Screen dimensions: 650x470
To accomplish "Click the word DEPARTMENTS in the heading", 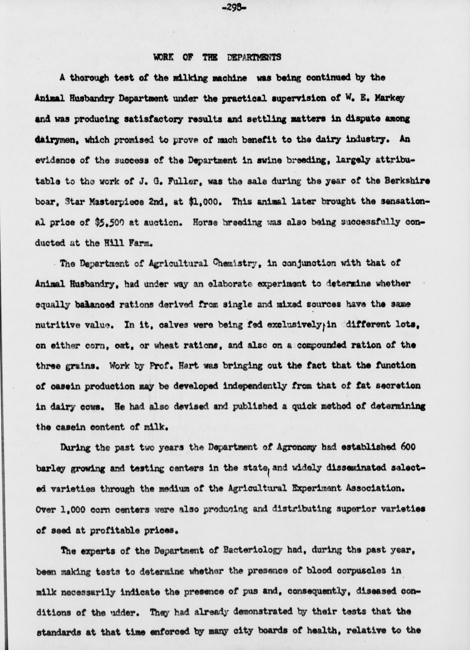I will (x=254, y=57).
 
